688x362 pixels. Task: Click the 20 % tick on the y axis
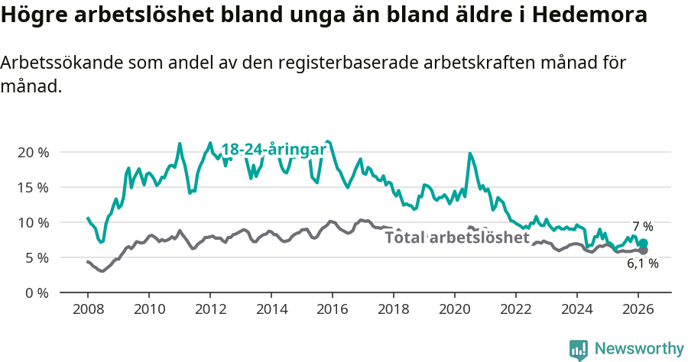33,152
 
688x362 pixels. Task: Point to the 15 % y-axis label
33,187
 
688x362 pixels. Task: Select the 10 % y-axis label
33,222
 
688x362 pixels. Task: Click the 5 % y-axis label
37,257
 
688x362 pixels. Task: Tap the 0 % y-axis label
37,293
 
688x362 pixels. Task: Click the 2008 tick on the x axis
88,309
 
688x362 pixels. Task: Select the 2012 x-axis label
210,309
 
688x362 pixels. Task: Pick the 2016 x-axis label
333,309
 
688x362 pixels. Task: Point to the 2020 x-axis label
455,309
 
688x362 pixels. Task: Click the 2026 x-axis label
638,309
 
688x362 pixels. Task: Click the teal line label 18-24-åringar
274,150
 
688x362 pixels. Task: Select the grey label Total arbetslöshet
457,238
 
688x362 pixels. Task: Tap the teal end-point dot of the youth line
643,244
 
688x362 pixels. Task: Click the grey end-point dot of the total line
643,250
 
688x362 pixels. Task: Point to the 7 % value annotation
642,227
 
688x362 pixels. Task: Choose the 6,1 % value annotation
642,263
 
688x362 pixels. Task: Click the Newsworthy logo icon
579,349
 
